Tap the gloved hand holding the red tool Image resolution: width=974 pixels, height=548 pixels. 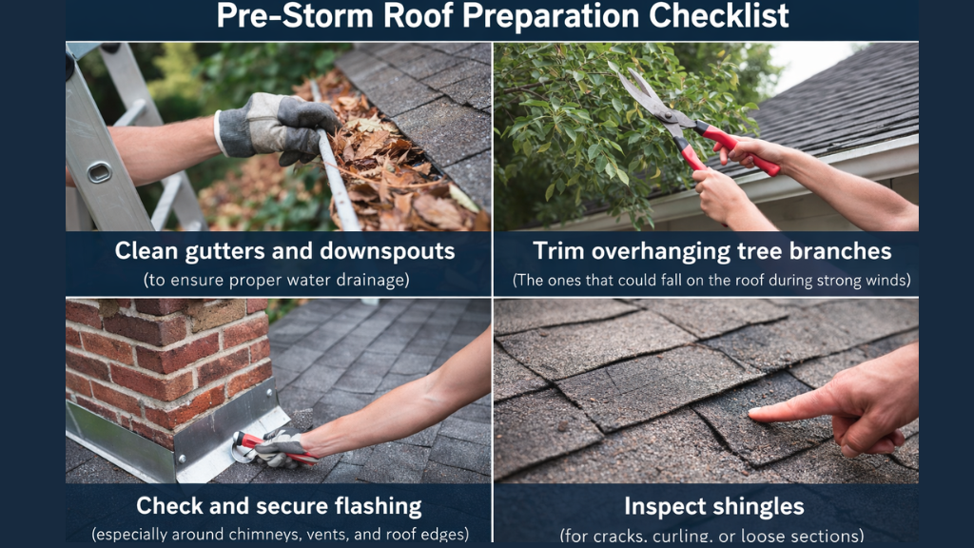(281, 447)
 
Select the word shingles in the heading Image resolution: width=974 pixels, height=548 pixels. (760, 505)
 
